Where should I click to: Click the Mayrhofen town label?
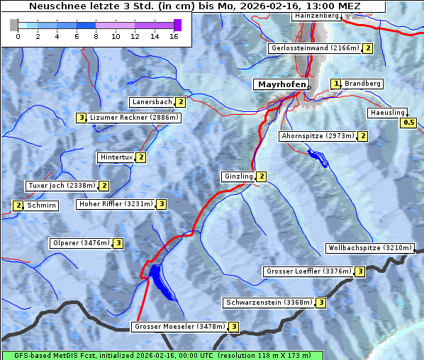(x=281, y=84)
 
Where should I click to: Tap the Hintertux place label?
(x=117, y=157)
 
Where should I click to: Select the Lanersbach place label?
(x=152, y=102)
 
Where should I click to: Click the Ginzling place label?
(x=238, y=176)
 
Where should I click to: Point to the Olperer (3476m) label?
(x=81, y=243)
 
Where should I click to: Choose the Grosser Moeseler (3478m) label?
(x=179, y=327)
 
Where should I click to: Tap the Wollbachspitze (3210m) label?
(x=369, y=248)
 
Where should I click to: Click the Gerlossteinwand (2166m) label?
(x=314, y=48)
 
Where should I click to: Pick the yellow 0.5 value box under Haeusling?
(x=408, y=123)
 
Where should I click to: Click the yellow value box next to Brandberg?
(x=336, y=84)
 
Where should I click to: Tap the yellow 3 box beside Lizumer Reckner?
(x=82, y=118)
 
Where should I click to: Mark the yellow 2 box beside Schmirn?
(x=18, y=206)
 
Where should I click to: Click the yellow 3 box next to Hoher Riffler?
(x=162, y=204)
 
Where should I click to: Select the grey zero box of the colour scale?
(x=14, y=25)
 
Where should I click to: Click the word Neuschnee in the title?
(x=54, y=6)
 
